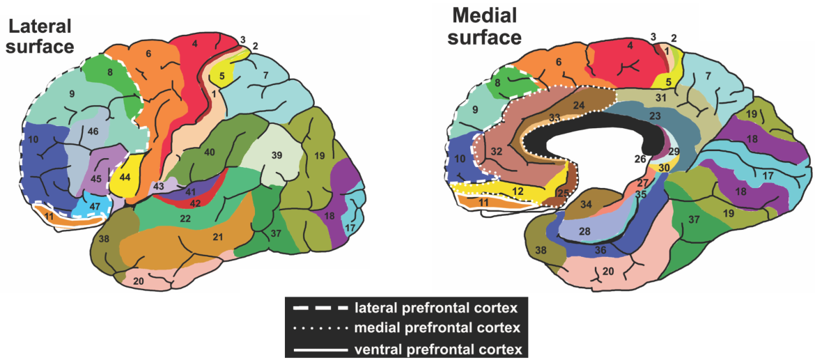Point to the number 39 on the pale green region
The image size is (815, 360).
coord(277,155)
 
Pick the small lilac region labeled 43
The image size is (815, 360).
coord(158,187)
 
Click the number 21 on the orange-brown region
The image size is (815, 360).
coord(217,238)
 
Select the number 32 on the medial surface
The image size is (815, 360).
coord(495,151)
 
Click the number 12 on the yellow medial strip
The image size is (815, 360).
coord(516,191)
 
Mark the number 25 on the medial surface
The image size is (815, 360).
coord(564,193)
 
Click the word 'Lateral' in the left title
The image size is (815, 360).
coord(38,27)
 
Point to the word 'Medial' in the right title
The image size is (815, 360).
coord(485,15)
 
